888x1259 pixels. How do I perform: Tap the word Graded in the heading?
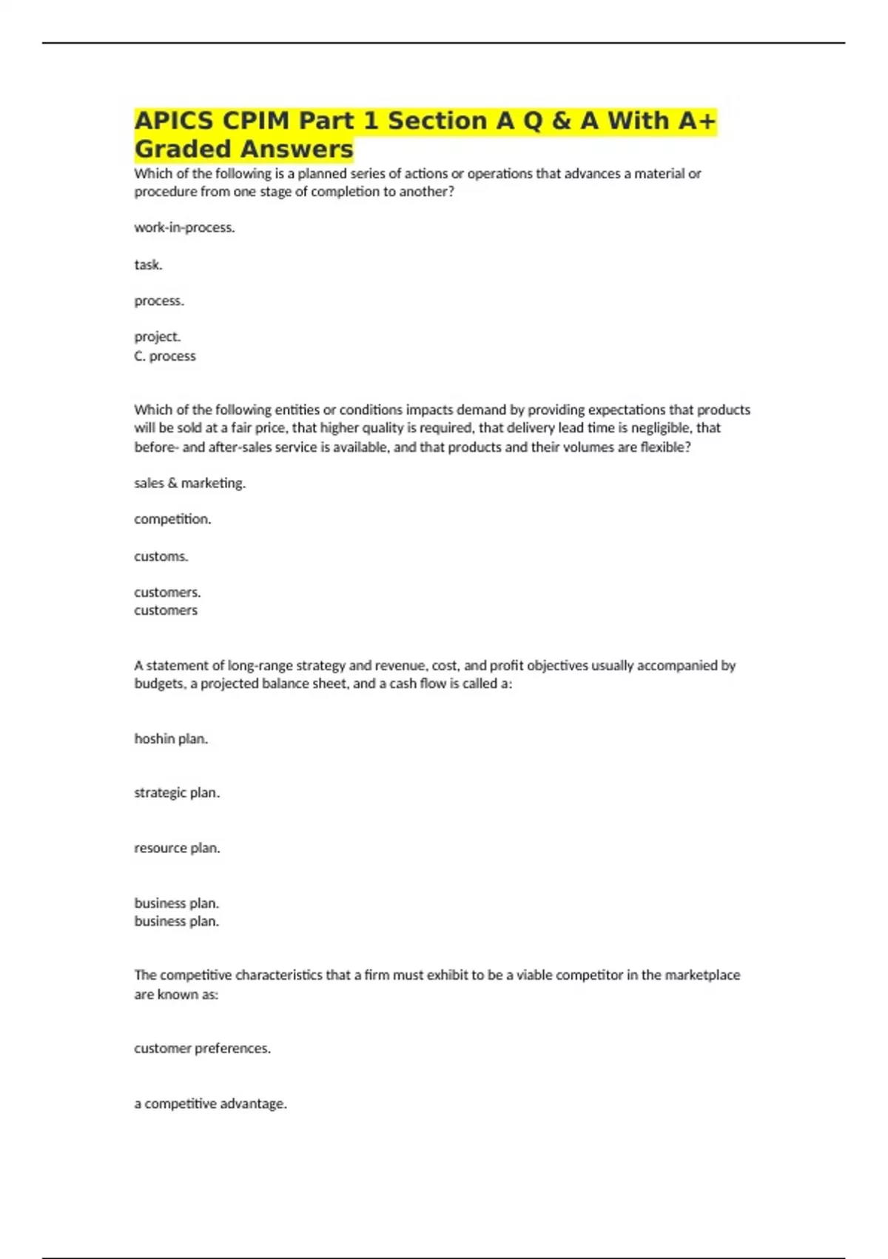click(182, 149)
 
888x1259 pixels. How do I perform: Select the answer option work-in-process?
click(184, 228)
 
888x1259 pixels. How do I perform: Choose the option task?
click(148, 264)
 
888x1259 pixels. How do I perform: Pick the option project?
click(157, 337)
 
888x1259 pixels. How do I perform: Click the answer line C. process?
click(165, 356)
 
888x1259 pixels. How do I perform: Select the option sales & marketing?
click(189, 483)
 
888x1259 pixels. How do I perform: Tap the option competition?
click(172, 519)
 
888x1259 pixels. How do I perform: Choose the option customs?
click(161, 556)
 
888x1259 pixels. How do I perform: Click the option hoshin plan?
click(171, 738)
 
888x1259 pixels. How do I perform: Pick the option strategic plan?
click(177, 792)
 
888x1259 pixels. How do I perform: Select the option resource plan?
click(177, 848)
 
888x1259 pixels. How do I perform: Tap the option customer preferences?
click(202, 1049)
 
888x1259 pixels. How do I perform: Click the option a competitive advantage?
click(210, 1103)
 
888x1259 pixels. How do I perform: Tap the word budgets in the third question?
click(159, 684)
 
